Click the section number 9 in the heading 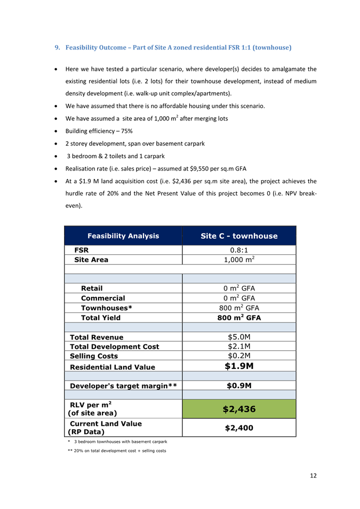(x=58, y=47)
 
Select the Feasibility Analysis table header (x=123, y=236)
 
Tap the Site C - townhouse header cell (x=239, y=236)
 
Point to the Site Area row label (x=91, y=260)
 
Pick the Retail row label (x=92, y=288)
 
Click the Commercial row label (x=103, y=298)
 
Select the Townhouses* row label (x=106, y=308)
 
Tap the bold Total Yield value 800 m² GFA (x=239, y=317)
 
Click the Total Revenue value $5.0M (x=239, y=337)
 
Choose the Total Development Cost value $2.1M (x=239, y=346)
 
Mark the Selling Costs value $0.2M (x=239, y=356)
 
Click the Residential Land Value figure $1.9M (x=239, y=366)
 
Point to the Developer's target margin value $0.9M (x=239, y=385)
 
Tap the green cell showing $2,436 (x=239, y=409)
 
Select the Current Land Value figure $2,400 (x=239, y=427)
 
